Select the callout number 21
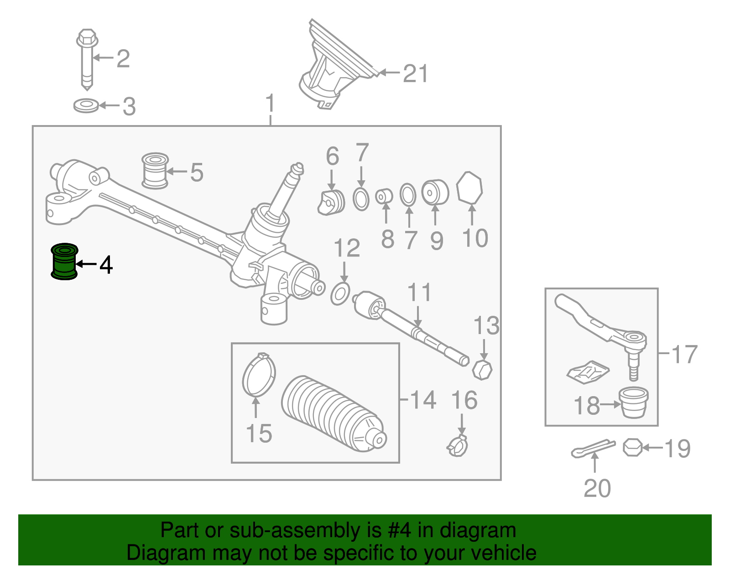click(415, 73)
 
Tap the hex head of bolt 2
click(87, 38)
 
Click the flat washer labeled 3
click(86, 106)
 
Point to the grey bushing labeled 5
click(155, 171)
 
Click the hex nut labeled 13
click(482, 369)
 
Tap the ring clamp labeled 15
click(259, 375)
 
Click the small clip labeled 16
click(458, 446)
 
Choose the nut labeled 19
click(632, 447)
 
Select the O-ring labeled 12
click(340, 294)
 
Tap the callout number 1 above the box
click(270, 104)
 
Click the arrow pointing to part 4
click(86, 264)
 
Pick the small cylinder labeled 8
click(384, 196)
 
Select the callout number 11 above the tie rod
click(419, 293)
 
